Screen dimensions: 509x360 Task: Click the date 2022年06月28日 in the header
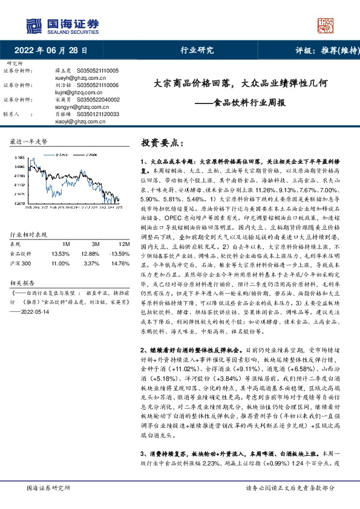54,50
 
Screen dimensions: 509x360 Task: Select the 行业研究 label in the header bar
197,51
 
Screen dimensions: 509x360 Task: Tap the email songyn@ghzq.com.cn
77,106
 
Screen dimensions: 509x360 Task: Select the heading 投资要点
161,144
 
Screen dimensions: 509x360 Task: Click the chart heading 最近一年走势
29,141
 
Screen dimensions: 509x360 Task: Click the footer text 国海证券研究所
45,487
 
